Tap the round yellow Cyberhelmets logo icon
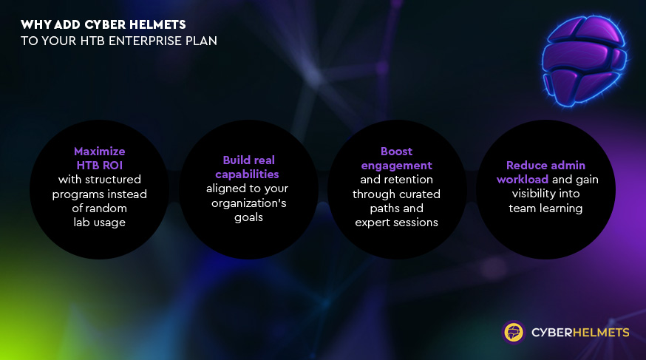(514, 332)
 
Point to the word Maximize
(99, 151)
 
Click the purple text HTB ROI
(99, 165)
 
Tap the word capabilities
(247, 174)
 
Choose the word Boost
(396, 151)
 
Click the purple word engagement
(396, 166)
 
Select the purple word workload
(523, 179)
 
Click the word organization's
(249, 203)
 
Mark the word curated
(421, 194)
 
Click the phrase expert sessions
(396, 223)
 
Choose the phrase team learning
(545, 208)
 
